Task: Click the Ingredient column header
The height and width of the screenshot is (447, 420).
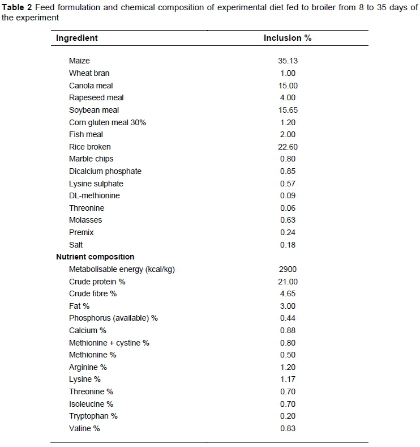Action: coord(76,38)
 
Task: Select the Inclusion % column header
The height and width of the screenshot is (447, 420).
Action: coord(287,38)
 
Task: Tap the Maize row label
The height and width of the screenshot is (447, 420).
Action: coord(79,61)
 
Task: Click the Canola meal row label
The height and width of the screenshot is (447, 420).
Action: coord(91,86)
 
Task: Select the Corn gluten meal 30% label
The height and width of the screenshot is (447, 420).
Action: coord(108,122)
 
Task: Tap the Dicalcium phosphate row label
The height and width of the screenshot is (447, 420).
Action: coord(105,171)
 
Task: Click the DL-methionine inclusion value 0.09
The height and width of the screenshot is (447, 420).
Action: coord(288,195)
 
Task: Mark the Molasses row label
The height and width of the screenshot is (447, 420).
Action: coord(85,220)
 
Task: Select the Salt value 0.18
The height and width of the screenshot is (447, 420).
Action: coord(288,245)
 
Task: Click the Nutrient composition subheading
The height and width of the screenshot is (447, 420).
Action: coord(95,257)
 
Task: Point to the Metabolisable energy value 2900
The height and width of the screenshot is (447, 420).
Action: coord(288,269)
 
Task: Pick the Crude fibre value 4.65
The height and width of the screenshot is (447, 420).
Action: coord(288,293)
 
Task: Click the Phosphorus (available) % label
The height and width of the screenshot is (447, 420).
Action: coord(113,318)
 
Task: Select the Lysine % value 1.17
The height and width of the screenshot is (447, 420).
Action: coord(288,379)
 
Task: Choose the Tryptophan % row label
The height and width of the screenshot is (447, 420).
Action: coord(93,416)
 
